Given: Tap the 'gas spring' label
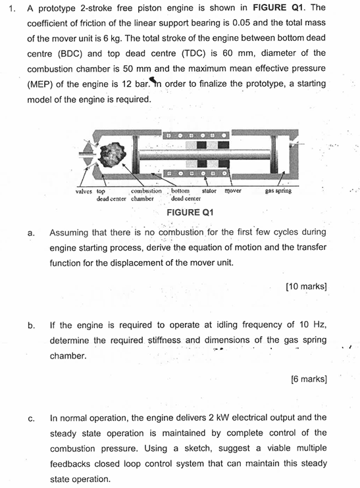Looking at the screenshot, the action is point(278,191).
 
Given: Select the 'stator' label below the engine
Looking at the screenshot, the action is point(209,191).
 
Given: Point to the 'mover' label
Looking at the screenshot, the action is point(233,191).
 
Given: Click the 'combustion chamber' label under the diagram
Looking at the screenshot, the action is point(145,195).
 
